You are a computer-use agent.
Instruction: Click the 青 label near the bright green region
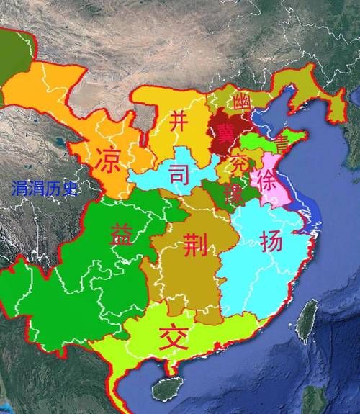point(282,145)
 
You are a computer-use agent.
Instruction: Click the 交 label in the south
point(174,336)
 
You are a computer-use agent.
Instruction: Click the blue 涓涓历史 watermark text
point(43,189)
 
